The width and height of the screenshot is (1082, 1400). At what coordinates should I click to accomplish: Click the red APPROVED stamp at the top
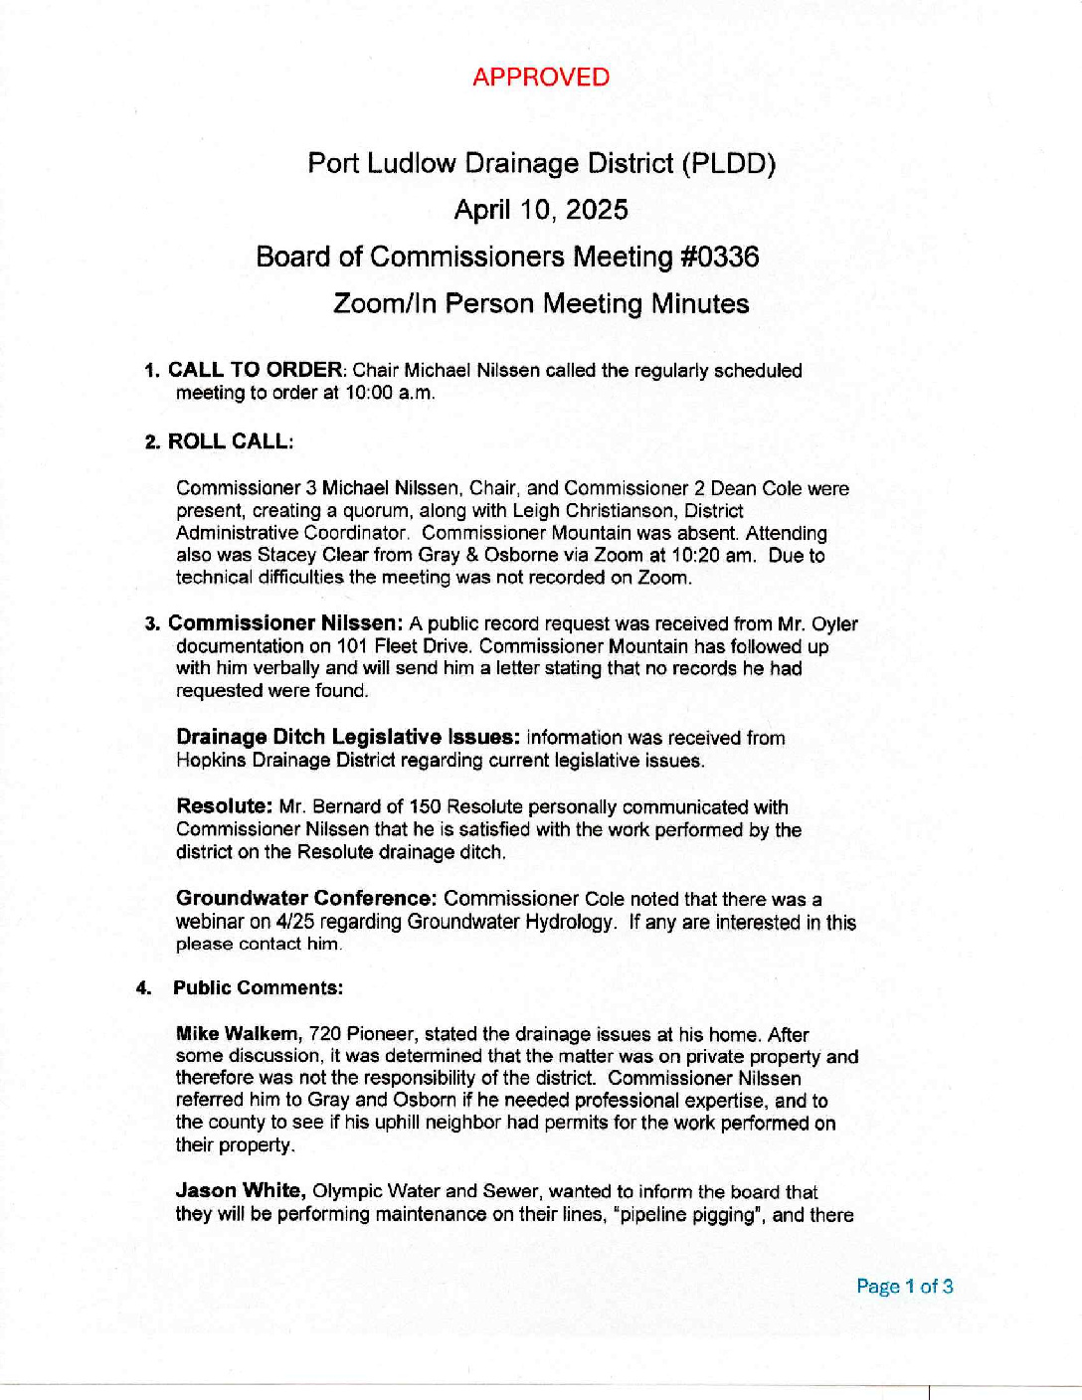(x=540, y=78)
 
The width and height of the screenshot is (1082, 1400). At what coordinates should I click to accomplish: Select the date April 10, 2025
(x=540, y=210)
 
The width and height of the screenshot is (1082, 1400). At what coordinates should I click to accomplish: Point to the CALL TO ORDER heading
(x=255, y=370)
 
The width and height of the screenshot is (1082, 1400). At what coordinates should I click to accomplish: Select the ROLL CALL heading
(x=230, y=441)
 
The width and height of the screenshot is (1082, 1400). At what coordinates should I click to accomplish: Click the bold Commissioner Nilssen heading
(x=284, y=623)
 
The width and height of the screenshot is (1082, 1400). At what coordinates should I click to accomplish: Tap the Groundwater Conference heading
(x=306, y=899)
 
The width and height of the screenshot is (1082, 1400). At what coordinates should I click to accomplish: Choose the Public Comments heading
(x=258, y=988)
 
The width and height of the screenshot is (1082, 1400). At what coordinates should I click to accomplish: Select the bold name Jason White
(x=240, y=1191)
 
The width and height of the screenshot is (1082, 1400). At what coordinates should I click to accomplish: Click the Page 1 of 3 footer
(x=904, y=1287)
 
